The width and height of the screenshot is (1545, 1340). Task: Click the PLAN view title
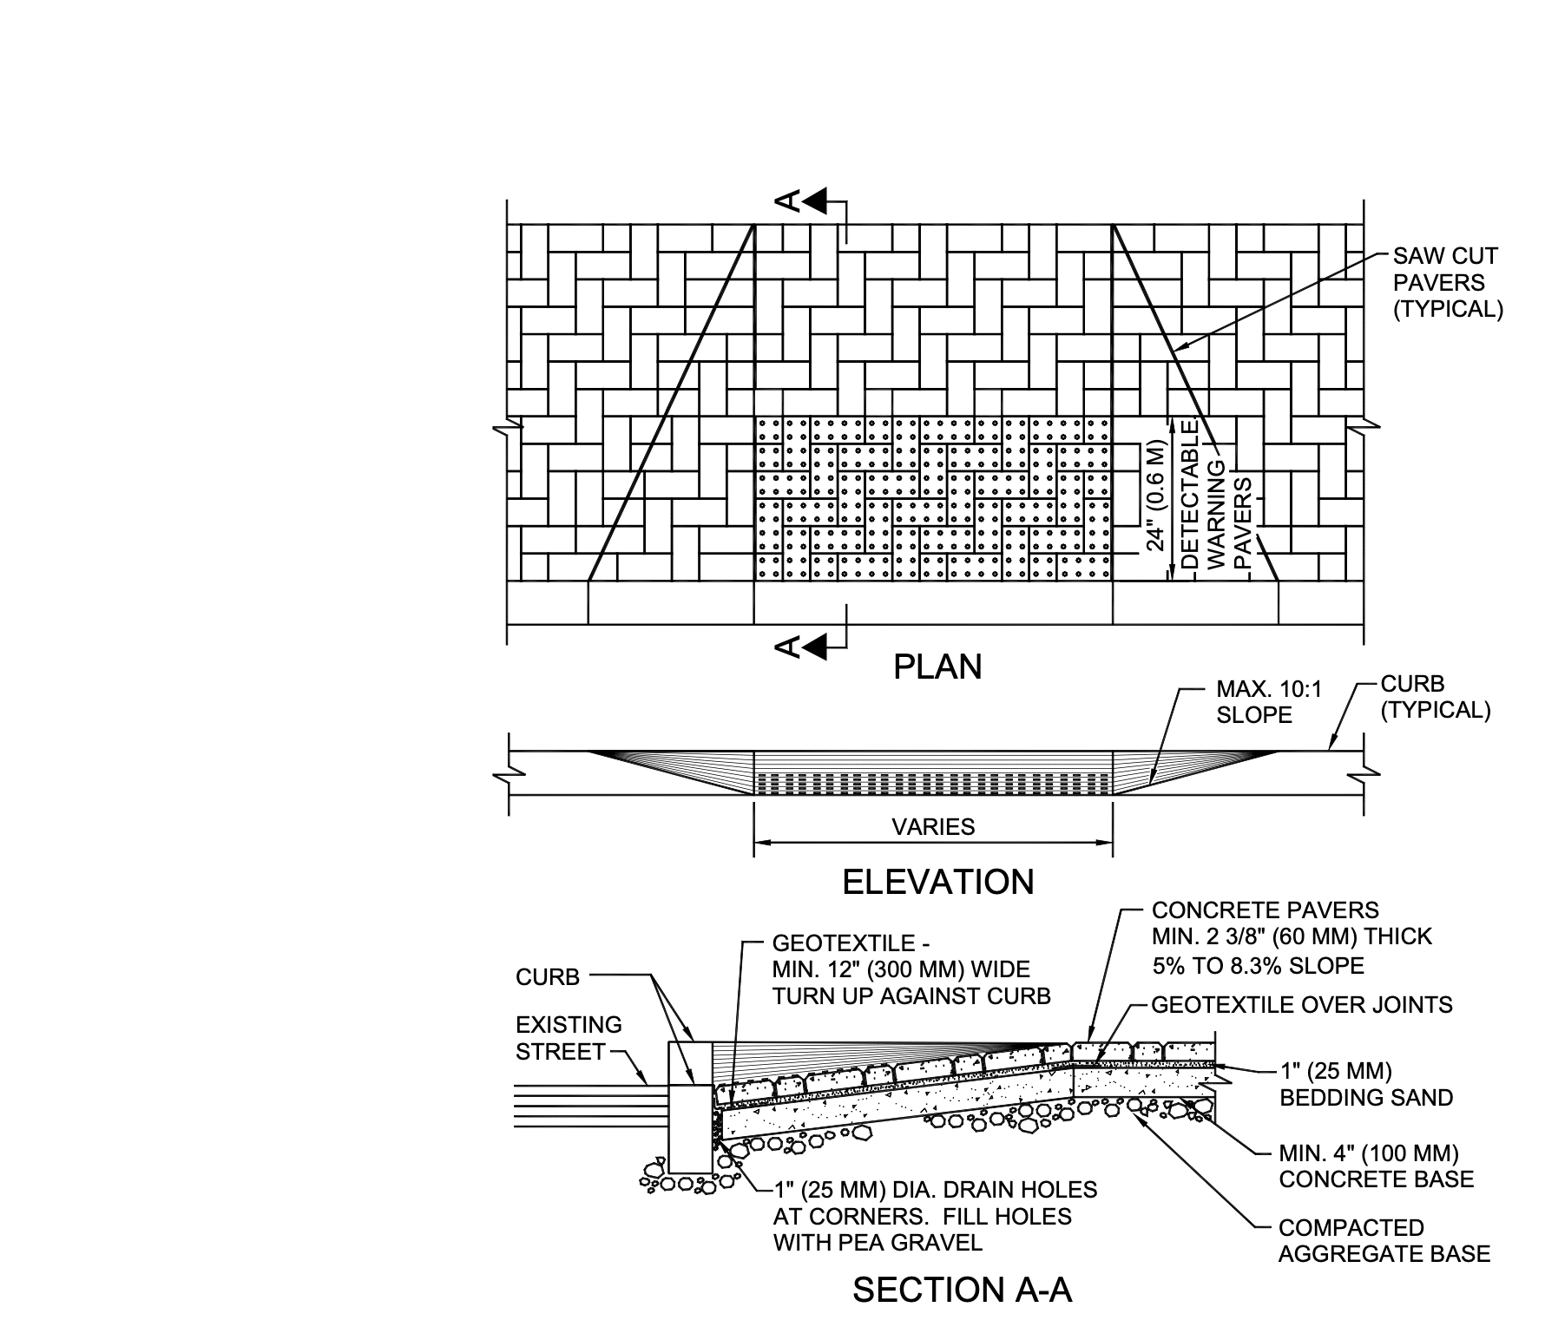(937, 667)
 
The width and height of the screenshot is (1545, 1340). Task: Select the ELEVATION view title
(938, 883)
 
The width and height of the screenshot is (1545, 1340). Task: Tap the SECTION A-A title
(962, 1291)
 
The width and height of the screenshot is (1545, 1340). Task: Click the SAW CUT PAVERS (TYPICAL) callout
(1447, 283)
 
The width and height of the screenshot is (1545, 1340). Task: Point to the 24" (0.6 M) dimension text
(1155, 496)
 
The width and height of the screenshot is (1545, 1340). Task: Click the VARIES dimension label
(933, 827)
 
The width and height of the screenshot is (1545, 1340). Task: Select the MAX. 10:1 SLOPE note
(1268, 702)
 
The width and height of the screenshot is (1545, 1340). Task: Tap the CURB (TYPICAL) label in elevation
(1435, 697)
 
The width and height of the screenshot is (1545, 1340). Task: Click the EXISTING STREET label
(569, 1038)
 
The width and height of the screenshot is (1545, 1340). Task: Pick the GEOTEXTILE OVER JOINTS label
(1301, 1005)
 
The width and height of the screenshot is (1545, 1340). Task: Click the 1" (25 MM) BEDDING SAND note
(1365, 1084)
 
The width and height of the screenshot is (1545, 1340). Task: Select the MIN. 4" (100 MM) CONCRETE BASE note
(1376, 1166)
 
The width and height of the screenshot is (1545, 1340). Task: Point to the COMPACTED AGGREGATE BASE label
(1384, 1241)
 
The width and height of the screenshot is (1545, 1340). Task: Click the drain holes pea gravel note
(934, 1216)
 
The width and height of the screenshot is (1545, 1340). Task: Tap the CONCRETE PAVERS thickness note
(1291, 937)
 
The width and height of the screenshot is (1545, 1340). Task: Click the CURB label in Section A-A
(548, 977)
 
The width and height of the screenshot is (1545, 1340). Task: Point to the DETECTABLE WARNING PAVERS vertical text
(1216, 495)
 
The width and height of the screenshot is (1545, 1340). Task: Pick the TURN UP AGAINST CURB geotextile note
(911, 969)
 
